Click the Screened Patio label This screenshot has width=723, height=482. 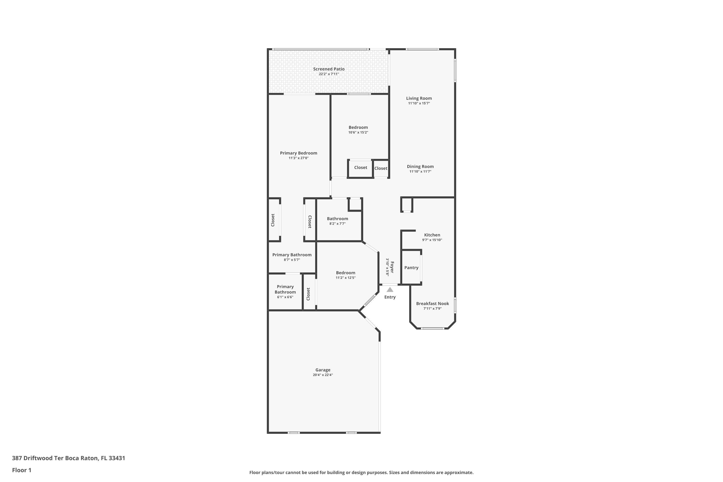[x=329, y=69]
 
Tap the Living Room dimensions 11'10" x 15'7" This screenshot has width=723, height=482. [x=419, y=104]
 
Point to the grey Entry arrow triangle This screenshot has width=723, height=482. [x=390, y=290]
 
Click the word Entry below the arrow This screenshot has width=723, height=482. [x=390, y=297]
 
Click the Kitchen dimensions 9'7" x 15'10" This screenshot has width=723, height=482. [x=432, y=240]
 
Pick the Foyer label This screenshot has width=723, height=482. [x=392, y=267]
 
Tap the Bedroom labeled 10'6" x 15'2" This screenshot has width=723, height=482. [x=358, y=127]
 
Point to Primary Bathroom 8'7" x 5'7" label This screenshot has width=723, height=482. [x=292, y=255]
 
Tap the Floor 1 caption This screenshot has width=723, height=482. [x=21, y=470]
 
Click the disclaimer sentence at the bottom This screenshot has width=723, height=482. [x=361, y=472]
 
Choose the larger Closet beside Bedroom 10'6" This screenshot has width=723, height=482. [x=361, y=167]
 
